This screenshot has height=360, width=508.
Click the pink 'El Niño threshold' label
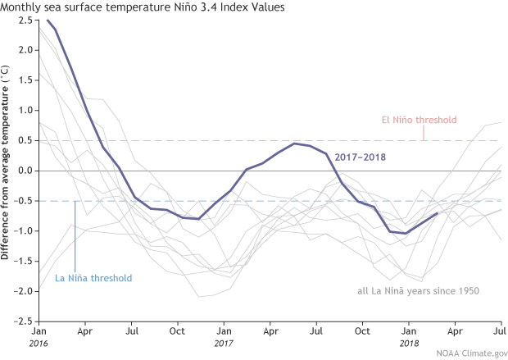[419, 120]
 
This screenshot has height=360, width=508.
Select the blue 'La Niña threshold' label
[93, 278]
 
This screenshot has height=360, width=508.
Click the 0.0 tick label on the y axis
[25, 171]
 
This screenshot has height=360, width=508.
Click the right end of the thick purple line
[437, 213]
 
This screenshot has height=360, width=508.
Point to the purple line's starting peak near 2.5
[48, 20]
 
